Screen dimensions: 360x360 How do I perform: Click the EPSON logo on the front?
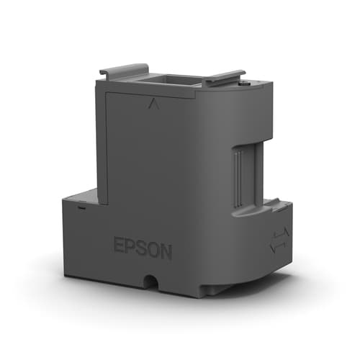click(143, 248)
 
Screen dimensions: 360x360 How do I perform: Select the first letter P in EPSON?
click(130, 247)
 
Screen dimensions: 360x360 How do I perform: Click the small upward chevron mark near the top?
click(152, 104)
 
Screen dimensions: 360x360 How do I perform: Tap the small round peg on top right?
click(247, 84)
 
